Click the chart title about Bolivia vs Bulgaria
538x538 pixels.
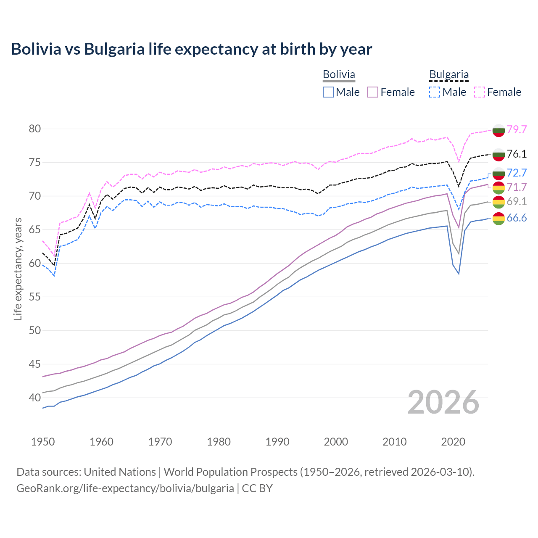192,49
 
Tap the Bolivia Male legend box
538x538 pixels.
328,92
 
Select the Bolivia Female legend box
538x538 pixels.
373,92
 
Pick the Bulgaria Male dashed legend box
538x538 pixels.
435,92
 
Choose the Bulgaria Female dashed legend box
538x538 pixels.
479,92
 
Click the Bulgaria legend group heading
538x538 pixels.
449,75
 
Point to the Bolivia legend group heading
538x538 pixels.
339,75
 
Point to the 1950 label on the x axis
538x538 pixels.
43,442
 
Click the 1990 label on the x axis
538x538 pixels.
277,442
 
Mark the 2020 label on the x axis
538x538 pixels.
453,442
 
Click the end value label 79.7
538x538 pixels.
517,129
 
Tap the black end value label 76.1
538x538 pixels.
517,154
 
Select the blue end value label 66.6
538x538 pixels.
517,218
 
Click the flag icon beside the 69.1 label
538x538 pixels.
498,202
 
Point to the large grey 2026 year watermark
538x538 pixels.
443,402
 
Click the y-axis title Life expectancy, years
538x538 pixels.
18,269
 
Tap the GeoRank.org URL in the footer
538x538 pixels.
125,488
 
